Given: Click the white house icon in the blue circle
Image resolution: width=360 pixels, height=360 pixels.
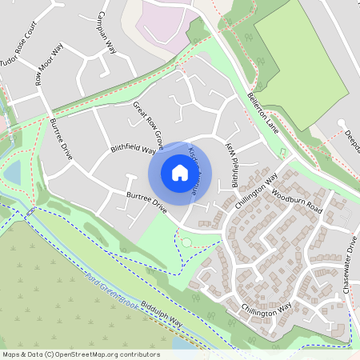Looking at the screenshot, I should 180,171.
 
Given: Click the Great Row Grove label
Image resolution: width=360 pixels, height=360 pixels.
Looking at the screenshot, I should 149,122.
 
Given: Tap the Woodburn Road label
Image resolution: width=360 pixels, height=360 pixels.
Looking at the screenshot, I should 295,201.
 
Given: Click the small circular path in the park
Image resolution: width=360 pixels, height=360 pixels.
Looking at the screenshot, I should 186,242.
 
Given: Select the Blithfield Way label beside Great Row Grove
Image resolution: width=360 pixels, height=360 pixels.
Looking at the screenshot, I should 133,154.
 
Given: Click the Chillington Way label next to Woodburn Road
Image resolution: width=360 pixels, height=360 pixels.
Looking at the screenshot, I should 256,190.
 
